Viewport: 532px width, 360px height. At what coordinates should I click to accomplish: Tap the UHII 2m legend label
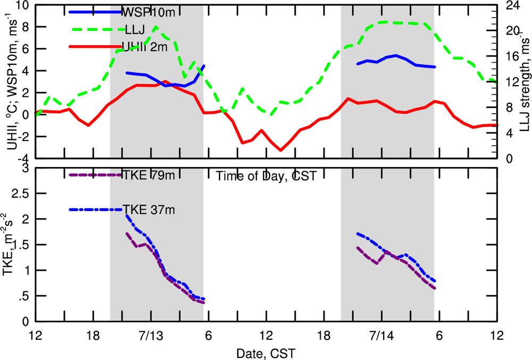pos(145,47)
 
